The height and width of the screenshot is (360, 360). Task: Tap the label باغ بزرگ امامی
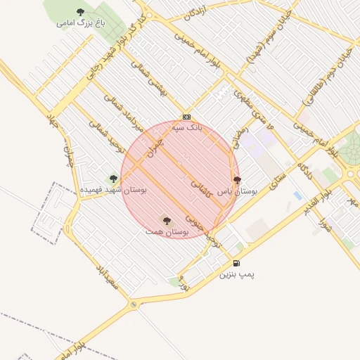pyautogui.click(x=81, y=22)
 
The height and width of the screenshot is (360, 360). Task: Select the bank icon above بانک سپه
pyautogui.click(x=186, y=117)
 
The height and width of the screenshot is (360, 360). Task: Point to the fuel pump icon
pyautogui.click(x=236, y=264)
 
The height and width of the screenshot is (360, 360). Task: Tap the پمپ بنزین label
pyautogui.click(x=236, y=274)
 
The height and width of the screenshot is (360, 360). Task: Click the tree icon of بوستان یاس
pyautogui.click(x=237, y=180)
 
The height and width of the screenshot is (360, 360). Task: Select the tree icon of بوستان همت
pyautogui.click(x=167, y=221)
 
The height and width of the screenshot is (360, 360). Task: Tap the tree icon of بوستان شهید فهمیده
pyautogui.click(x=113, y=179)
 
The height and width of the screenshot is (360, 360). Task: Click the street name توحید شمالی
pyautogui.click(x=107, y=137)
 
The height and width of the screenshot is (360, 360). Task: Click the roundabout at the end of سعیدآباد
pyautogui.click(x=133, y=305)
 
